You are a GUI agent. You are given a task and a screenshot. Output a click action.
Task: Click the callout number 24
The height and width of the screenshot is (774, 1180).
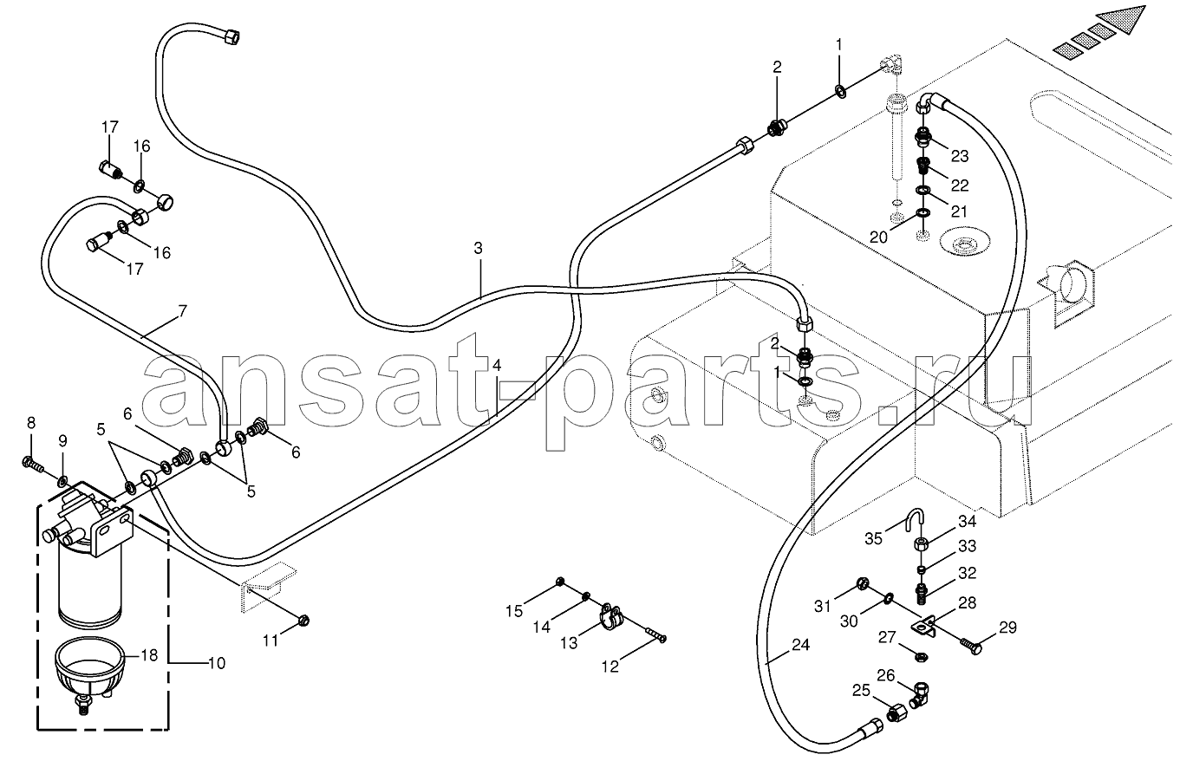(800, 645)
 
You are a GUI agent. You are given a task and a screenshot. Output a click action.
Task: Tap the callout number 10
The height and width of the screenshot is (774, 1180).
(217, 663)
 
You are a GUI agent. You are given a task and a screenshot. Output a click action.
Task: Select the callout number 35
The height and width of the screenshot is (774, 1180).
(873, 538)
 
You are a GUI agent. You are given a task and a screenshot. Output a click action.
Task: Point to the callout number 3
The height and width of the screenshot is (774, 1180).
(478, 248)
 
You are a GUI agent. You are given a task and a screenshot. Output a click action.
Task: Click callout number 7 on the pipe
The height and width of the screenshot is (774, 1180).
(183, 311)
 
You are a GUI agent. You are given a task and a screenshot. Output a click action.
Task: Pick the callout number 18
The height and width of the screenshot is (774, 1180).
(150, 655)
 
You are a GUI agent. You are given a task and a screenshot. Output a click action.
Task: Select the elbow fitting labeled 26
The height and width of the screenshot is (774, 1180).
(918, 694)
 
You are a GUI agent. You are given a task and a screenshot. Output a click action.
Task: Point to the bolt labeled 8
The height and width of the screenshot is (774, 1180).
(33, 465)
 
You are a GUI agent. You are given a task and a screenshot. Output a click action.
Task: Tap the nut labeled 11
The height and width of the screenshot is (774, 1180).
(303, 621)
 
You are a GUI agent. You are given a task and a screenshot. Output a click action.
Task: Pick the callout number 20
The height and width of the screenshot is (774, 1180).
(878, 237)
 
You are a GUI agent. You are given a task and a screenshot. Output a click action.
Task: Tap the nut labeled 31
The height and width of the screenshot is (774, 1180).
(863, 582)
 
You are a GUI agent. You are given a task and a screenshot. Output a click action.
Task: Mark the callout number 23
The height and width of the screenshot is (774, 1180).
(959, 156)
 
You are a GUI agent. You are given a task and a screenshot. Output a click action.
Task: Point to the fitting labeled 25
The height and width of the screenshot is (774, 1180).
(897, 714)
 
